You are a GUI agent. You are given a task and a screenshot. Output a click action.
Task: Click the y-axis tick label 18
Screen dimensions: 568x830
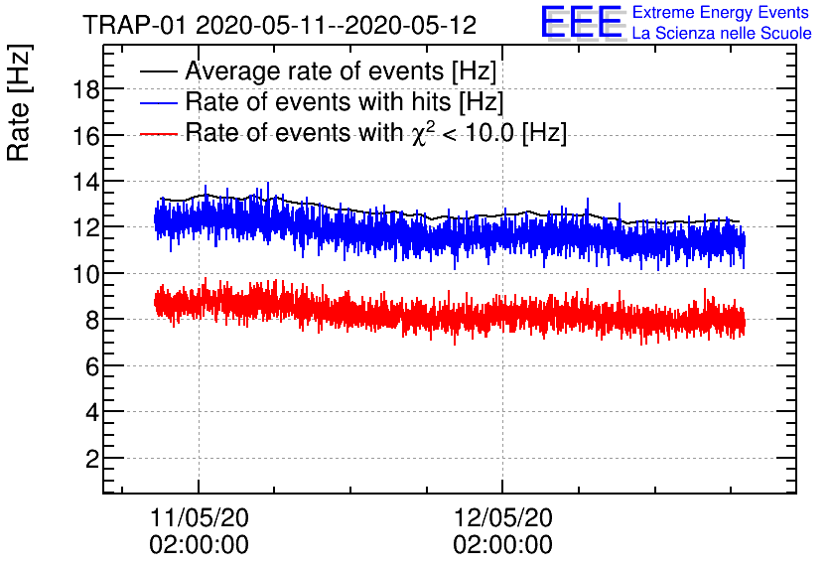(x=82, y=89)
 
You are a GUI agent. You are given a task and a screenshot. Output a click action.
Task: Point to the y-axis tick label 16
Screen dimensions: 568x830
(x=82, y=136)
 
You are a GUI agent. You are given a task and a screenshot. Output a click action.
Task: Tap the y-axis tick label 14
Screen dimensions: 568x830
(x=82, y=182)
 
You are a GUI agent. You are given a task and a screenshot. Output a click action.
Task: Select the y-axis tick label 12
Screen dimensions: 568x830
(x=82, y=227)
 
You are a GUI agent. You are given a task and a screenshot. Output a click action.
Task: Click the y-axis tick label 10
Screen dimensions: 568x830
(x=82, y=274)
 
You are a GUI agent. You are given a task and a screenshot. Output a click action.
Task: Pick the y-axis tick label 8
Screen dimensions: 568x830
(x=88, y=320)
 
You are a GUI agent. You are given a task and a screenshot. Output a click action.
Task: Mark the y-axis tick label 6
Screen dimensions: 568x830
(x=88, y=366)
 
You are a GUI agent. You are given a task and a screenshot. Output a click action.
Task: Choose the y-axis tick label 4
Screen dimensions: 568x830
(x=88, y=412)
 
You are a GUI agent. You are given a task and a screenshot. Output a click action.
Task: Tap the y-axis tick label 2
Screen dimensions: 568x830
(x=88, y=459)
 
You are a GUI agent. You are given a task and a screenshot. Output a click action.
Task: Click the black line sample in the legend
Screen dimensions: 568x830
(x=159, y=72)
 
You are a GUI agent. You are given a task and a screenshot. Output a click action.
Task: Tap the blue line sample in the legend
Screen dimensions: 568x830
(x=159, y=102)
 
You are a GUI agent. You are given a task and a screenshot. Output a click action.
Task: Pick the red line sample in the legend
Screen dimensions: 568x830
(x=159, y=133)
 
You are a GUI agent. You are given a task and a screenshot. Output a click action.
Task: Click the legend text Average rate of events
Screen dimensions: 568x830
(x=341, y=72)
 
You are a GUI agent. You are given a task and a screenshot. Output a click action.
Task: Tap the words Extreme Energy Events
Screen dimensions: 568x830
(x=721, y=13)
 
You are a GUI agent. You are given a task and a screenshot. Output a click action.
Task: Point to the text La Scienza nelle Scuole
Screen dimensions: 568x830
(x=721, y=34)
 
